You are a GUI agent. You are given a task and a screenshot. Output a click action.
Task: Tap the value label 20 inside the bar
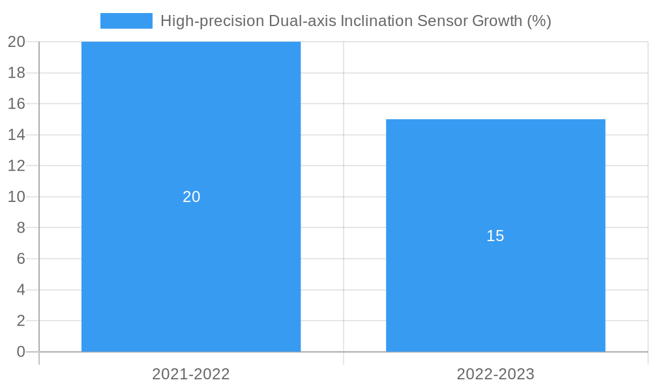coord(191,197)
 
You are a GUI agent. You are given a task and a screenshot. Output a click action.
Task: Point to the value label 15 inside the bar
coord(496,236)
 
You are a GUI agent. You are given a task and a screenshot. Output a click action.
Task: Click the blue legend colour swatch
coord(126,21)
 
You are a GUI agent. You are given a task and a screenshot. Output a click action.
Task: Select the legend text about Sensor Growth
coord(355,21)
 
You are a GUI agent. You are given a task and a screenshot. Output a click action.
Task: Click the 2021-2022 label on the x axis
coord(191,374)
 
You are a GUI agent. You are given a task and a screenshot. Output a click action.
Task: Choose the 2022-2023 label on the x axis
coord(496,374)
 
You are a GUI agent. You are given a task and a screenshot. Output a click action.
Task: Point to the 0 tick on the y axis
coord(21,352)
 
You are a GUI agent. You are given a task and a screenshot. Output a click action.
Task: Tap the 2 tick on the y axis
coord(21,321)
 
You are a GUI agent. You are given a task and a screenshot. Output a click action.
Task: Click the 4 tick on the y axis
coord(21,290)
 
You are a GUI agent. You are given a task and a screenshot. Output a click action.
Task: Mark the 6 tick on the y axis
coord(21,259)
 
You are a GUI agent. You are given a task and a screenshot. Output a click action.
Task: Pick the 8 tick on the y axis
coord(21,227)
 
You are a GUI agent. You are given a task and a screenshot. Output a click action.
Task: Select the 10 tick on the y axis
coord(16,197)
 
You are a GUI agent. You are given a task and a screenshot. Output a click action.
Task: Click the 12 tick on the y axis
coord(16,166)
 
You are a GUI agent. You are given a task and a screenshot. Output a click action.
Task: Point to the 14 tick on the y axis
coord(16,135)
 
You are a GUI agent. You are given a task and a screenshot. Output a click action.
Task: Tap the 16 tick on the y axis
coord(16,104)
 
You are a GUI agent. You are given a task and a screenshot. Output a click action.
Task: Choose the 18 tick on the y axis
coord(16,73)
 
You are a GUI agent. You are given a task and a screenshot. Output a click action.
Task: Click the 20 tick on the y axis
coord(16,42)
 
